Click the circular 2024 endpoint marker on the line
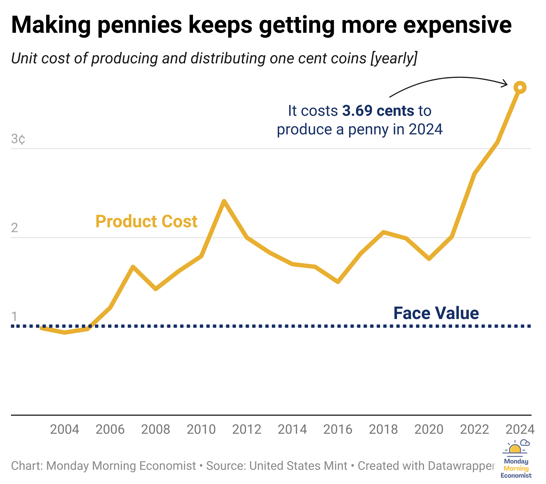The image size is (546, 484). coord(520,88)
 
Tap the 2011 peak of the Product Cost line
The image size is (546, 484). coord(224,202)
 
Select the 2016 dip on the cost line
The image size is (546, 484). coord(338,282)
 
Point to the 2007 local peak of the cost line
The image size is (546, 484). coord(133,267)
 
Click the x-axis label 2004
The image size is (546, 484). coord(65,429)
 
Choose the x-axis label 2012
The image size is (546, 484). coord(247,429)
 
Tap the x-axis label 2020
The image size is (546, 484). coord(429,429)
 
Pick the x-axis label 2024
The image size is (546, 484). coord(520,429)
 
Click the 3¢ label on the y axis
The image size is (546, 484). coord(18,139)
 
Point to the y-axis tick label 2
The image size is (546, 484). coord(15,228)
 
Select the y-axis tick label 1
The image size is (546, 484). coord(14,317)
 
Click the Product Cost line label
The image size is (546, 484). coord(146,221)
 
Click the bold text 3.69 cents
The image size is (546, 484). coord(378,111)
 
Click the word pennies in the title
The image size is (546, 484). coord(140,25)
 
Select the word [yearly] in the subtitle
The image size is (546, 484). coord(394,58)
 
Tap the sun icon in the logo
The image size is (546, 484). coord(515,449)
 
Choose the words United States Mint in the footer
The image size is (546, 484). coord(298,466)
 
